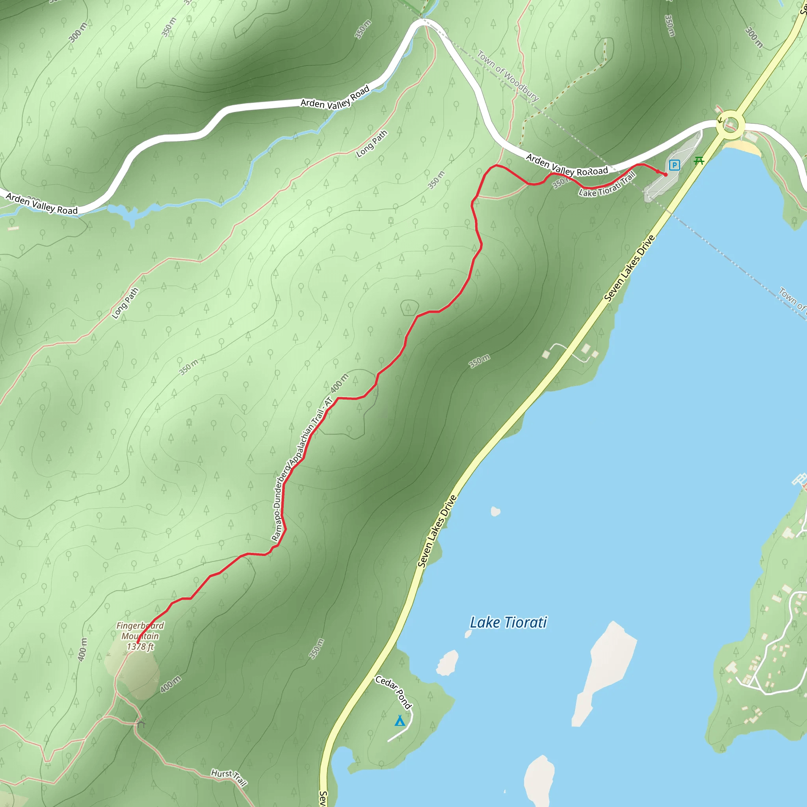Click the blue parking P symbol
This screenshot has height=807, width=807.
pyautogui.click(x=674, y=165)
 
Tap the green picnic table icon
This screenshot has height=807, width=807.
pyautogui.click(x=699, y=160)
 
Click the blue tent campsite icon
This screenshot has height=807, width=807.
pyautogui.click(x=400, y=721)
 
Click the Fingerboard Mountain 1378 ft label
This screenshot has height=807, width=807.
pyautogui.click(x=140, y=636)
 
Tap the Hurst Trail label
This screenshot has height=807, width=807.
pyautogui.click(x=229, y=777)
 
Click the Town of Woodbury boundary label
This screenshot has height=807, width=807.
pyautogui.click(x=508, y=76)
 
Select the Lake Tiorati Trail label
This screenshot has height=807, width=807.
pyautogui.click(x=608, y=185)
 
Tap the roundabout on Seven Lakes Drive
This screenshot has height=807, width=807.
pyautogui.click(x=730, y=125)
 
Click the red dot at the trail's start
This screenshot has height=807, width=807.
pyautogui.click(x=666, y=175)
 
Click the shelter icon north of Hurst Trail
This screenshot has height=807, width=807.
pyautogui.click(x=140, y=721)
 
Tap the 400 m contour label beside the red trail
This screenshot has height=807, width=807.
pyautogui.click(x=339, y=383)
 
